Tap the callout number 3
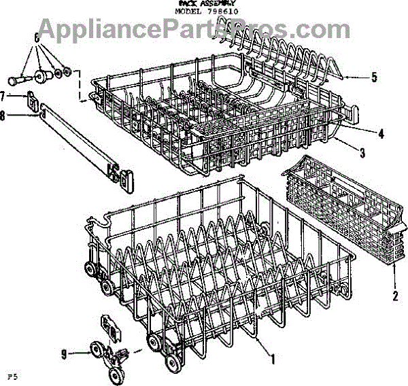click(x=362, y=154)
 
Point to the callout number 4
click(x=381, y=134)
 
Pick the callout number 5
click(x=374, y=77)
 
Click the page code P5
click(x=12, y=375)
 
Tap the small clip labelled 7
click(x=31, y=101)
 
